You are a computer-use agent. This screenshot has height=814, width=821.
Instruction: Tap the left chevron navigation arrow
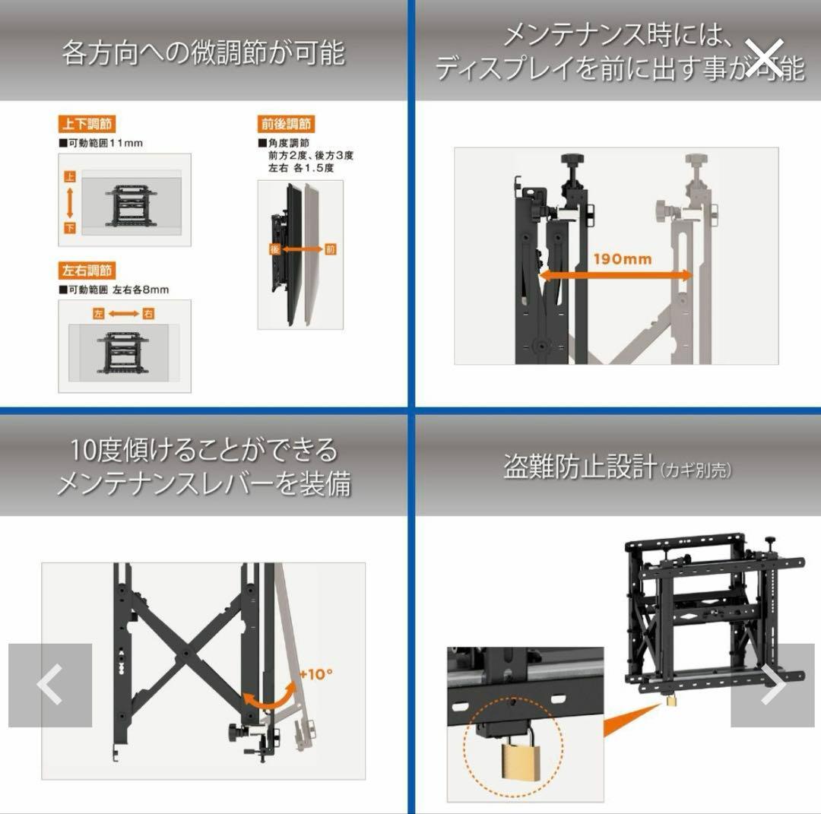point(50,686)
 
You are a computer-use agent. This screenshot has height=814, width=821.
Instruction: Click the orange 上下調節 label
point(87,124)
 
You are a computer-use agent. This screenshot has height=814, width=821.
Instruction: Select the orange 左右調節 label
point(87,270)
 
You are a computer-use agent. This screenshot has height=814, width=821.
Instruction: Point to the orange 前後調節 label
point(286,124)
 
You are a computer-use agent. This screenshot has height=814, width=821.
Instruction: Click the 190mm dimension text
point(623,259)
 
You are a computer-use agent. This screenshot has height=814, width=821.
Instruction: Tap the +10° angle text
point(315,673)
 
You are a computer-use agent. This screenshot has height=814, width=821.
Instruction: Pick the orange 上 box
point(70,176)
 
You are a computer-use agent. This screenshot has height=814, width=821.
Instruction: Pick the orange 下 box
point(70,228)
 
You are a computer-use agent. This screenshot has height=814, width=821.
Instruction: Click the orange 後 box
point(274,249)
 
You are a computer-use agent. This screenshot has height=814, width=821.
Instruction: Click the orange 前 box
point(329,249)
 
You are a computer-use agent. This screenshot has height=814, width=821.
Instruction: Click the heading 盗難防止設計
point(579,467)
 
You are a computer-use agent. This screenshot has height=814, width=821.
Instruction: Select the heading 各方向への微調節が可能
point(204,53)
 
